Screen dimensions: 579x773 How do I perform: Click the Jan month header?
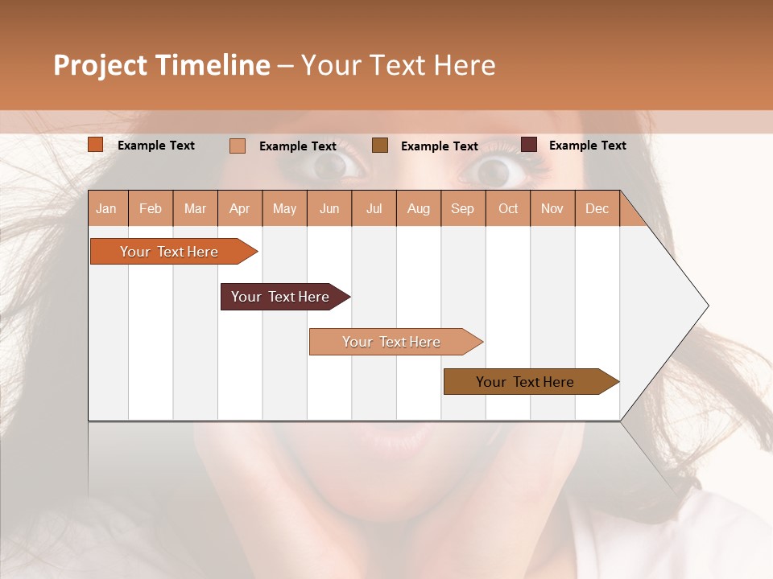(107, 208)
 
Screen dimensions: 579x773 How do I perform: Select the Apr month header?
(240, 208)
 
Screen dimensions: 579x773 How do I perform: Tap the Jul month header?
(374, 208)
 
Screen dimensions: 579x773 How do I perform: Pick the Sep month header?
(463, 208)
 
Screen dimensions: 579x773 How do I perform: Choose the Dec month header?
(597, 208)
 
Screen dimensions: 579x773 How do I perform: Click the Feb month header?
(151, 208)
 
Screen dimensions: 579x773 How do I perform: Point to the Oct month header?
(508, 208)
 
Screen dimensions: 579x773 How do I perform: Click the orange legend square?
(96, 145)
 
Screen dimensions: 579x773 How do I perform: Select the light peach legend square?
(238, 146)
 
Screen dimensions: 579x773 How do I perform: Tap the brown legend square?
(380, 146)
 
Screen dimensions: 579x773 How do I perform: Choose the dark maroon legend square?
(529, 145)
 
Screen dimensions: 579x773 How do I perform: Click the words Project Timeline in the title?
(161, 65)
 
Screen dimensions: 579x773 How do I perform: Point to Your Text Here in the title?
(398, 65)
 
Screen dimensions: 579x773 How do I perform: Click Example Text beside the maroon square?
(587, 146)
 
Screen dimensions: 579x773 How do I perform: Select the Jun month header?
(329, 208)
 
